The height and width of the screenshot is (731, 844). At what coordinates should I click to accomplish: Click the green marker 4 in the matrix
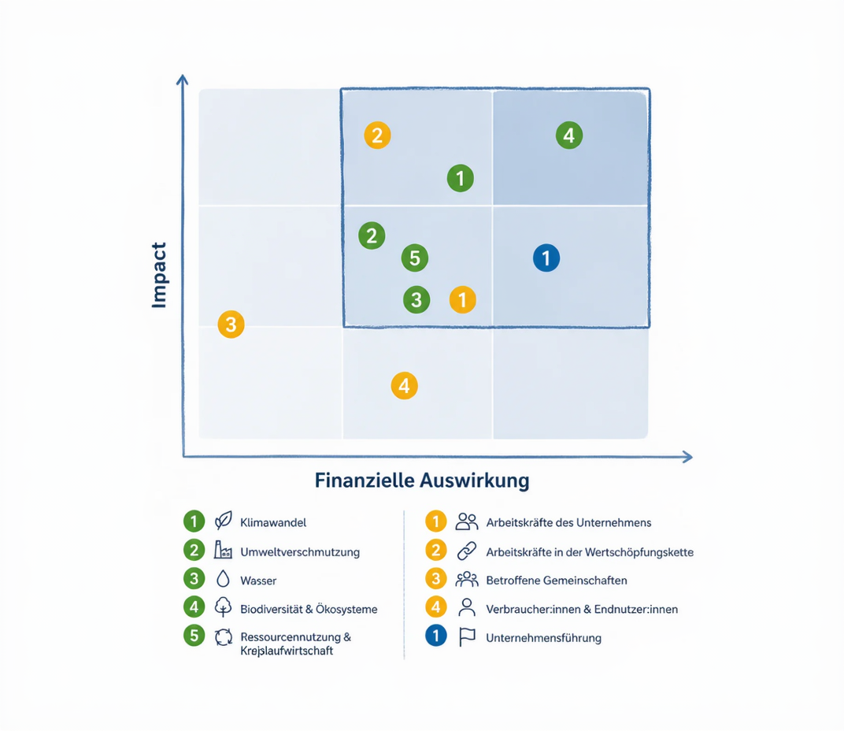569,135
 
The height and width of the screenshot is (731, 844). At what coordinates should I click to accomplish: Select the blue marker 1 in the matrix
546,258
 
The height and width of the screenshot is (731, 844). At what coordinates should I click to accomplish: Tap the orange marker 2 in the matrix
377,135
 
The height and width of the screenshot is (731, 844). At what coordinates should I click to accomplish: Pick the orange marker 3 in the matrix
231,325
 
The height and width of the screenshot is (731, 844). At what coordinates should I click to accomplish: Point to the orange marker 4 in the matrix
404,386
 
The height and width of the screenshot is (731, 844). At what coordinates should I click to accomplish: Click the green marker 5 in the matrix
415,258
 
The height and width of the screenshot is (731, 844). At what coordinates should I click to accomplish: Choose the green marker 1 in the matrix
461,178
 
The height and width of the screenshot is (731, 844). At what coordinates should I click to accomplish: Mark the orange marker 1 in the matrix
462,299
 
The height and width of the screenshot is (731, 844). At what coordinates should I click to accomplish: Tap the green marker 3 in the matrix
416,299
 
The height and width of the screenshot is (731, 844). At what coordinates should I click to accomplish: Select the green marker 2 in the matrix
372,236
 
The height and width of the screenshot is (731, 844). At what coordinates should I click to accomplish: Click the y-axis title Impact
159,275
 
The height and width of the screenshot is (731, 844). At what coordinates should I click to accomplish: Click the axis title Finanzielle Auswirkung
422,480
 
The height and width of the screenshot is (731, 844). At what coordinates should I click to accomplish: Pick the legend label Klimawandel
273,522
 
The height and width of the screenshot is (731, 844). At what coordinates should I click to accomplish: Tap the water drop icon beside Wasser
223,579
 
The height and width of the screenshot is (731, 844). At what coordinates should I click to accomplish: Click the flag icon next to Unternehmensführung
467,636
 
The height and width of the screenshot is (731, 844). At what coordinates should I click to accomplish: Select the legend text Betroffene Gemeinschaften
557,581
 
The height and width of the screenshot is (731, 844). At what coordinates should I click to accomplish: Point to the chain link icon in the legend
467,551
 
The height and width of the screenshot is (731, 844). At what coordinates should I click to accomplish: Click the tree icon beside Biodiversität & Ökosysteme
223,607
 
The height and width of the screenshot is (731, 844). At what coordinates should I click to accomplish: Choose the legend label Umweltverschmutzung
300,551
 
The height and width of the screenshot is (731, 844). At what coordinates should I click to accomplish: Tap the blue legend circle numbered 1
436,636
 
